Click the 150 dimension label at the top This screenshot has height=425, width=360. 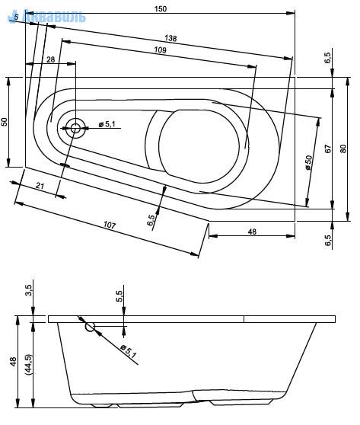point(161,8)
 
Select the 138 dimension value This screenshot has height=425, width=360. point(170,38)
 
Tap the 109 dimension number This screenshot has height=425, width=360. point(160,50)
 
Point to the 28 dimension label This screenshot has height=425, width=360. point(51,59)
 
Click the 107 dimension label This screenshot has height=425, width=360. point(110,225)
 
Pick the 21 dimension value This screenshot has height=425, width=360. point(40,186)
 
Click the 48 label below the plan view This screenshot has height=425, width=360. point(252,232)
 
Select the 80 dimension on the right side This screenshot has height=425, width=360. point(343,149)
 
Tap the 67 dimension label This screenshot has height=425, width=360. point(328,149)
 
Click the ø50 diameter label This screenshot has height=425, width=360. point(309,163)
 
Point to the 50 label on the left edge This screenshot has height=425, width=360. point(5,122)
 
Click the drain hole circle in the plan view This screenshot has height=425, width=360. point(75,128)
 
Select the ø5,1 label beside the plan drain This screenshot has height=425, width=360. point(107,124)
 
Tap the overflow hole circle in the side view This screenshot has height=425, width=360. point(91,327)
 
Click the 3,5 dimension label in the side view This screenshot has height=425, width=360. point(29,290)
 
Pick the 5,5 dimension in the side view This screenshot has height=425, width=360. point(119,296)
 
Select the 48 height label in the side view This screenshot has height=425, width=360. point(13,362)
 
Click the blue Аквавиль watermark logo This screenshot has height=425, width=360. point(46,16)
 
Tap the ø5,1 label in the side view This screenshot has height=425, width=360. point(128,352)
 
